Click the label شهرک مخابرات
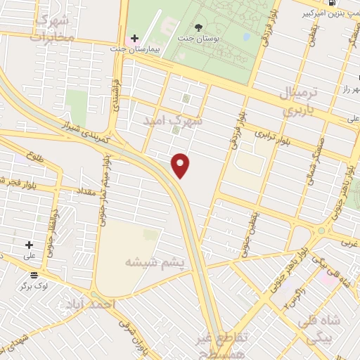[x=53, y=27]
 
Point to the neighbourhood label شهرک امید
[x=178, y=120]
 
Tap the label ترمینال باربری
[x=300, y=102]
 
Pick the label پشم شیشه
[x=154, y=262]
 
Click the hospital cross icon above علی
[x=29, y=245]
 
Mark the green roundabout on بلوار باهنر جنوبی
[x=322, y=230]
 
